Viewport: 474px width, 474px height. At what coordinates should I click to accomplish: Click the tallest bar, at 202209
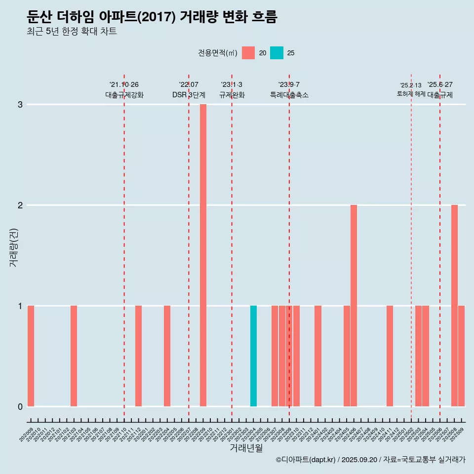coord(203,255)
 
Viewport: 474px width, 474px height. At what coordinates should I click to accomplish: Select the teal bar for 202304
coord(253,356)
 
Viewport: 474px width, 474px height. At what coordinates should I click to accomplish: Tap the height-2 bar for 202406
coord(354,306)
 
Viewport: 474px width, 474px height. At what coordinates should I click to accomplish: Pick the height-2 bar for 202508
coord(454,306)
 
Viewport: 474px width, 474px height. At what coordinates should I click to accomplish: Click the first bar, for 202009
coord(31,356)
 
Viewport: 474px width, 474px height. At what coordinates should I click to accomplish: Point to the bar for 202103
coord(74,356)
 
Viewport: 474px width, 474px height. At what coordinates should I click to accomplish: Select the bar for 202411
coord(390,356)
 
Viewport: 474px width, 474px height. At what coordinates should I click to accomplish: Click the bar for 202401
coord(318,356)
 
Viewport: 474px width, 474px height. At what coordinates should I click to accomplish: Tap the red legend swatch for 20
coord(248,53)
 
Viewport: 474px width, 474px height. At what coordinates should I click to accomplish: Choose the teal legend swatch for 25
coord(276,53)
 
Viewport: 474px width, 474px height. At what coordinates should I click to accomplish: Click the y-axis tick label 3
coord(20,105)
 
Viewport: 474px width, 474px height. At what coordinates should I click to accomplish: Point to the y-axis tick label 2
coord(20,205)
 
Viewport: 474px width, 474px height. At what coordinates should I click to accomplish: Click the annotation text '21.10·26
coord(124,84)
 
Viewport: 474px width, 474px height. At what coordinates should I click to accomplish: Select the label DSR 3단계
coord(189,95)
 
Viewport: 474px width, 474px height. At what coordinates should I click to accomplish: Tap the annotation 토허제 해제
coord(411,94)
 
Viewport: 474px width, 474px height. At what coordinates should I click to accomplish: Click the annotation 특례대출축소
coord(289,95)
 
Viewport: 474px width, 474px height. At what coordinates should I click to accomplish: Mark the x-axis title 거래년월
coord(246,448)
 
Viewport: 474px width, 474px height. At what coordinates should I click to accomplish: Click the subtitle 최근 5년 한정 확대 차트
coord(72,32)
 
